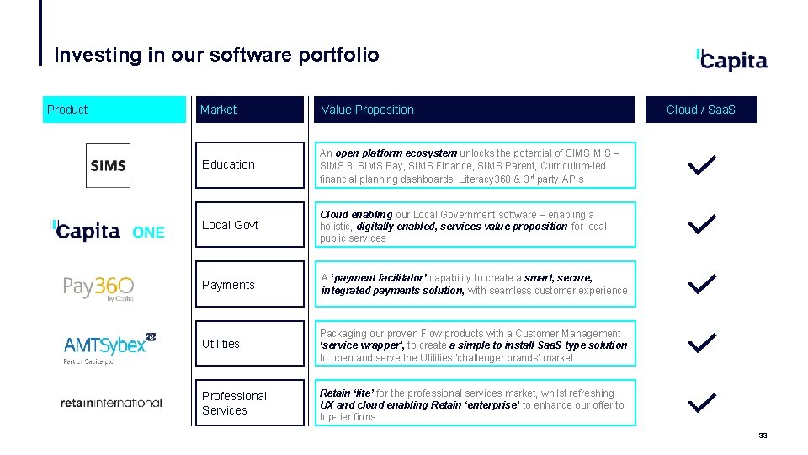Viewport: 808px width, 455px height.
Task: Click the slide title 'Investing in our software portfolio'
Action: [216, 56]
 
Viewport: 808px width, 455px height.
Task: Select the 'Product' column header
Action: [114, 110]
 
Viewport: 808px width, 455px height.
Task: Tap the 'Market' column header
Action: [249, 110]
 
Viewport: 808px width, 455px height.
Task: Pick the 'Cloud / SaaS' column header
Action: [700, 110]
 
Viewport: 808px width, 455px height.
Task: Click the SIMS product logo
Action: [108, 165]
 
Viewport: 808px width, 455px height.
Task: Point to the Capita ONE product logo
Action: [109, 231]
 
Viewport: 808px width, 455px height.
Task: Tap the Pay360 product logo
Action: [98, 287]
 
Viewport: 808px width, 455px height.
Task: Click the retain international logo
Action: [110, 403]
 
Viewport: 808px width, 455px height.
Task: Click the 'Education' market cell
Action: [249, 164]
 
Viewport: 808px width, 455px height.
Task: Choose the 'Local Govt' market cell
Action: [249, 225]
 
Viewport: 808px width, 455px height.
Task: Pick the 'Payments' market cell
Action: [249, 285]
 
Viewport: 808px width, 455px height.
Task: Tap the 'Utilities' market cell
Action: [249, 344]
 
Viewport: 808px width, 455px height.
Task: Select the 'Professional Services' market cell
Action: [249, 403]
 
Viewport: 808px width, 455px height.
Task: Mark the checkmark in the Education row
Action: [701, 165]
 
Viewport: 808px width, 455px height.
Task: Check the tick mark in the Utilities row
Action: [701, 343]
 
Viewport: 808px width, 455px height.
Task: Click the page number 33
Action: [763, 436]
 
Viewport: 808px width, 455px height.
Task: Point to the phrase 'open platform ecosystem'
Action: [396, 153]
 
